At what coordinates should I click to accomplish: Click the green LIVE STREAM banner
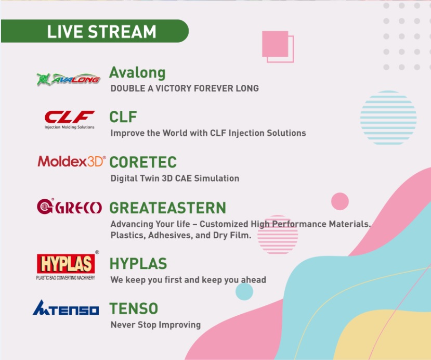click(x=95, y=31)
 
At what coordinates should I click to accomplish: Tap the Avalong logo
click(x=68, y=79)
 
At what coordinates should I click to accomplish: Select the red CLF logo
click(x=70, y=120)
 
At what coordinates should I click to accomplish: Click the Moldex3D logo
click(x=71, y=161)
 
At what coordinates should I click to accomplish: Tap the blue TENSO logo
click(x=66, y=308)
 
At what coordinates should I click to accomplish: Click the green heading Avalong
click(x=137, y=73)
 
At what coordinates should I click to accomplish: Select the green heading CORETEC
click(x=143, y=162)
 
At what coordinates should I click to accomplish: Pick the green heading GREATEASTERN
click(x=168, y=208)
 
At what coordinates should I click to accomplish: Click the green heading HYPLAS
click(x=138, y=263)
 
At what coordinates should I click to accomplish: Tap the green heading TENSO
click(x=134, y=308)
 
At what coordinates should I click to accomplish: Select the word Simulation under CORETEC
click(x=217, y=178)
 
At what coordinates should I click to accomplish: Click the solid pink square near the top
click(x=275, y=44)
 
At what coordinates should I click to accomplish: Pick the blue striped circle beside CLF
click(x=388, y=118)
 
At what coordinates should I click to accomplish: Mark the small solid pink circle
click(x=340, y=201)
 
